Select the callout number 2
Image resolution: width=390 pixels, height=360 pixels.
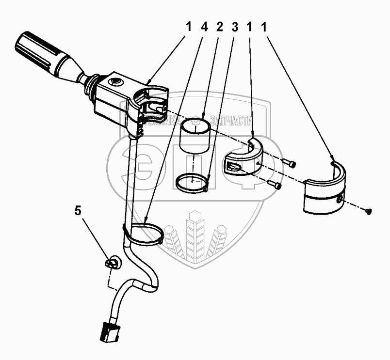[x=220, y=28]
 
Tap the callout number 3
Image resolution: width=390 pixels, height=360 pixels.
[x=234, y=28]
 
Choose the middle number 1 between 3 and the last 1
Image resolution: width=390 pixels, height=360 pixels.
[x=250, y=28]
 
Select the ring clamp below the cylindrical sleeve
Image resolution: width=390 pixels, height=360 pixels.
[x=192, y=182]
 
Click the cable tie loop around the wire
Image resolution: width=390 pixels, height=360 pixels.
[x=145, y=232]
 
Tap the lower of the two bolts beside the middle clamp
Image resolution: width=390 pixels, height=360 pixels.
[x=276, y=184]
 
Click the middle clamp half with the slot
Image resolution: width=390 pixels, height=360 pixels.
[x=243, y=159]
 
